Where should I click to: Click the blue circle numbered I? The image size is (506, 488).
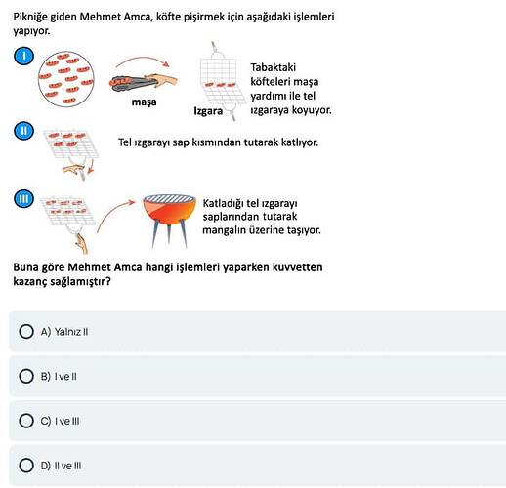tap(23, 56)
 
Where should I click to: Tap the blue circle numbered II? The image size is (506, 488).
tap(23, 131)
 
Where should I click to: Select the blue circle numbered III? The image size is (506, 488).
tap(23, 198)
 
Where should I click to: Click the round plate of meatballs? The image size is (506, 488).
tap(66, 79)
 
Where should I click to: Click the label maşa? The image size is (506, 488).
tap(144, 102)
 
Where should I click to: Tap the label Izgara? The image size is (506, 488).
tap(208, 111)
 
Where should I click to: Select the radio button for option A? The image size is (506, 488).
tap(26, 332)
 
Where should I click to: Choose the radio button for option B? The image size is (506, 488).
tap(26, 376)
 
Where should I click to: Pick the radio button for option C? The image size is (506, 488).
tap(26, 421)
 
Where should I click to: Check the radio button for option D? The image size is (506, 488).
tap(26, 466)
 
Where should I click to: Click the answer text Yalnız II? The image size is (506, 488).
tap(71, 332)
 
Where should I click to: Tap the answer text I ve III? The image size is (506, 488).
tap(66, 421)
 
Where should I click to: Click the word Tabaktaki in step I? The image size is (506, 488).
tap(274, 67)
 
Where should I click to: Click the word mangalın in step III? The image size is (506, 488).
tap(225, 230)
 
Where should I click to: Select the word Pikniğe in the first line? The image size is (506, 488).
tap(30, 17)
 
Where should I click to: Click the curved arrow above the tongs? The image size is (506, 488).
tap(143, 61)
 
